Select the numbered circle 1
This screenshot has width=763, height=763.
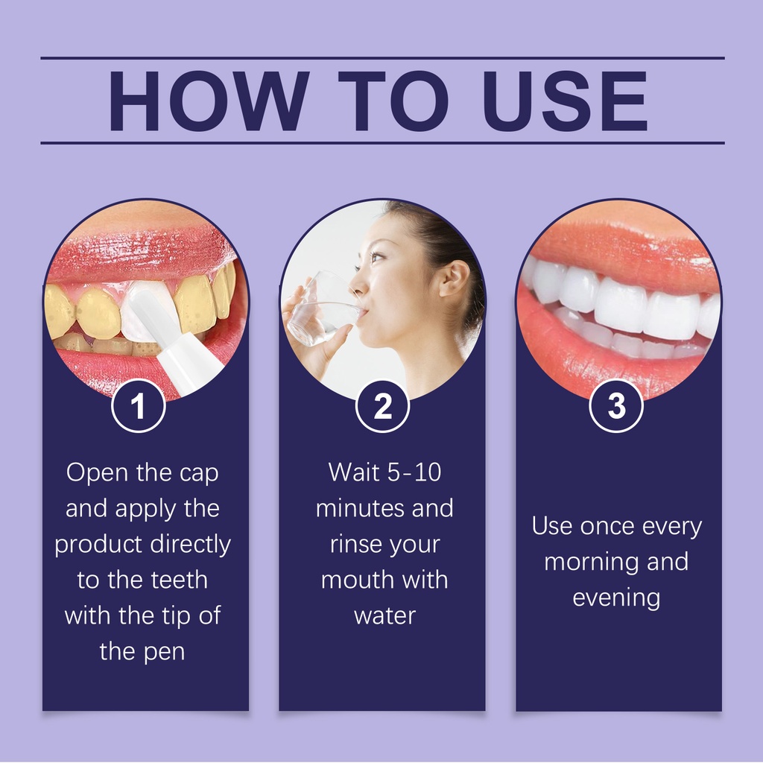click(x=138, y=405)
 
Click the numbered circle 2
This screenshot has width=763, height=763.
click(x=382, y=405)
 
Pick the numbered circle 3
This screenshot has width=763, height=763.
click(x=616, y=405)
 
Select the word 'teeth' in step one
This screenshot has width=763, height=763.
click(x=180, y=580)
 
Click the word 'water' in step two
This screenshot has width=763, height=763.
click(x=385, y=615)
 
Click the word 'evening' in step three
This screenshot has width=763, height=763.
click(x=616, y=598)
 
